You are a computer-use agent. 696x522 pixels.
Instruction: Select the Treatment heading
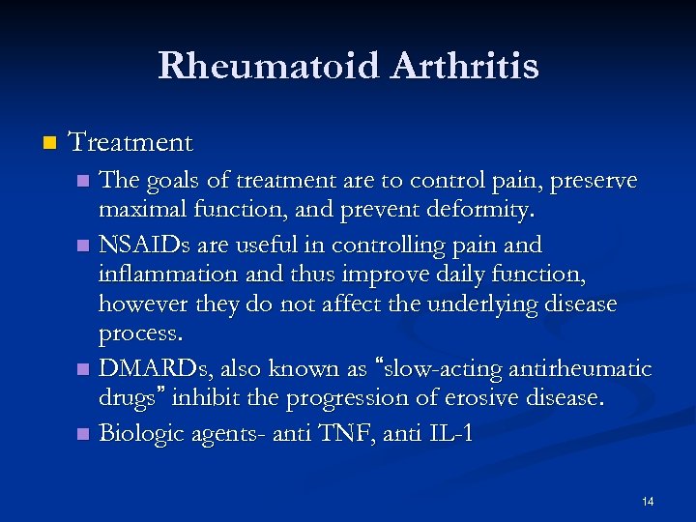tap(131, 143)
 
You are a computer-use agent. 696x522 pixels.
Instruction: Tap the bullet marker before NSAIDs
tap(84, 245)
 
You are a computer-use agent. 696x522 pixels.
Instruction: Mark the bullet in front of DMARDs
tap(84, 370)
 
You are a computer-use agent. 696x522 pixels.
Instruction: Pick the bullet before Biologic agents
tap(84, 433)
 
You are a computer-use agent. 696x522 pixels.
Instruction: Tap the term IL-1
tap(446, 433)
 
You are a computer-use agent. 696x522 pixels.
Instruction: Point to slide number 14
tap(647, 501)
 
